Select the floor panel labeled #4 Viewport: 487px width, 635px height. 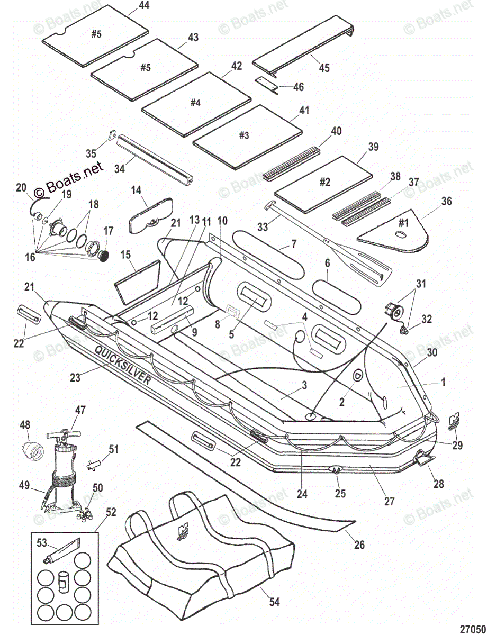195,104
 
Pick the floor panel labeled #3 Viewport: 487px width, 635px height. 247,134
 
